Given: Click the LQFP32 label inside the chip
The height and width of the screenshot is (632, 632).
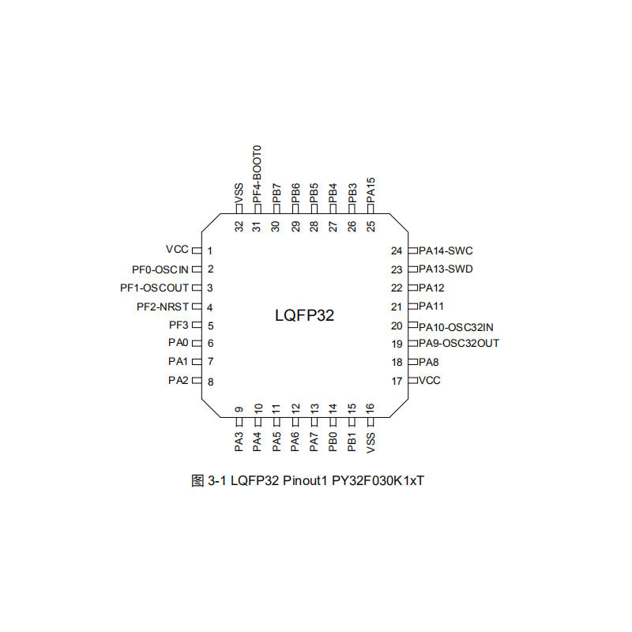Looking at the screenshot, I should tap(304, 315).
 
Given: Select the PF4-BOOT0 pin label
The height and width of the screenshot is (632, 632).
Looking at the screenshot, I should tap(257, 173).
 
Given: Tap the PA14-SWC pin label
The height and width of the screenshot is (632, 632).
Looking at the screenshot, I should tap(446, 250).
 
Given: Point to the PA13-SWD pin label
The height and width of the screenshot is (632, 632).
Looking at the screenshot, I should tap(446, 269).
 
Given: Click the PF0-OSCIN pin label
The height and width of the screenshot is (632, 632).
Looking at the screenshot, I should tap(160, 269).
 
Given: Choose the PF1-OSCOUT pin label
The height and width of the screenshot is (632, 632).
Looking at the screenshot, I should tap(155, 288).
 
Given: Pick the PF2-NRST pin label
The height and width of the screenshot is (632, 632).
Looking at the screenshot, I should tap(163, 307).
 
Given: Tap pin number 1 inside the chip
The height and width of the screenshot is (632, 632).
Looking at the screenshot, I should tap(210, 250).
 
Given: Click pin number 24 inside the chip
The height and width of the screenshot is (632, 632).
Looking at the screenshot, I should tap(397, 250).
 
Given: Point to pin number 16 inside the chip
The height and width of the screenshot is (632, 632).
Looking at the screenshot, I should tap(371, 409).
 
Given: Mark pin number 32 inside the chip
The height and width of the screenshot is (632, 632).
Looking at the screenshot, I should tap(239, 226).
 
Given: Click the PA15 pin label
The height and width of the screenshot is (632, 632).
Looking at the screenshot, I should tap(371, 190).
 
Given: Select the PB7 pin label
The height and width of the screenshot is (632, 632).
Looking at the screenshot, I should tap(276, 194).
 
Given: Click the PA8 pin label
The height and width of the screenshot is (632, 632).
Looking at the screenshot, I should tap(429, 363).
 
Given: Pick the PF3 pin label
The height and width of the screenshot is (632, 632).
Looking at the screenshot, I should tap(179, 325).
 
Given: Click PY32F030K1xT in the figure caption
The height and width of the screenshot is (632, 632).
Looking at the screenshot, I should tap(378, 480).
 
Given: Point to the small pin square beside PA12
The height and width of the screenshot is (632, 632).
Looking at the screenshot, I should tap(412, 288).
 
